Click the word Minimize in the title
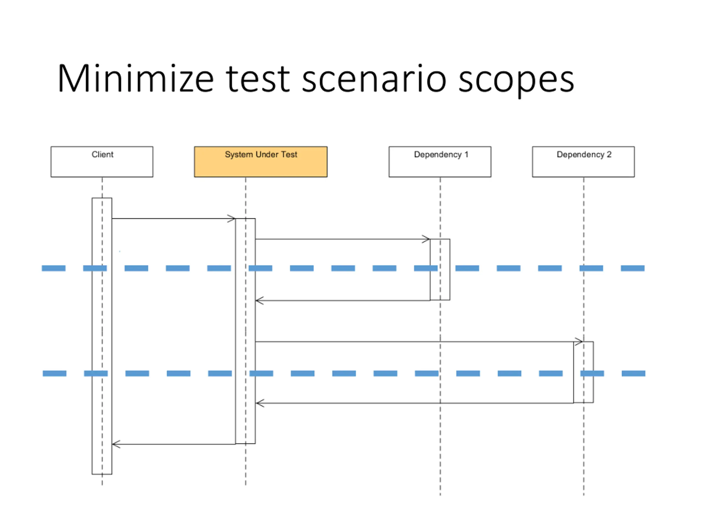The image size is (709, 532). coord(136,79)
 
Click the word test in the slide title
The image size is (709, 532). coord(258,79)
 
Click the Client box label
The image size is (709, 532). coord(102,154)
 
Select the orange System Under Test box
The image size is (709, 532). coord(261,162)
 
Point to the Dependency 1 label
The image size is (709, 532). coord(441,155)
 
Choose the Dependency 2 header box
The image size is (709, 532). coord(583,162)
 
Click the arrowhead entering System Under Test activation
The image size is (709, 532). coord(232,219)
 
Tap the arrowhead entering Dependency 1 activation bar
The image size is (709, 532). coord(426,239)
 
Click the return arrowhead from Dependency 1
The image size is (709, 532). coord(259,300)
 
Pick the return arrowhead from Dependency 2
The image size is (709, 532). coord(260,403)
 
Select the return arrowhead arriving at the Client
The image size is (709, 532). coord(116,444)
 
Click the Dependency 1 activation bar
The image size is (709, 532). coord(440,269)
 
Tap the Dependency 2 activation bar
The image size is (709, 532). coord(583,372)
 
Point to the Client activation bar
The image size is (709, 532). coord(102,336)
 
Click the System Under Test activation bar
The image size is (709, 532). coord(246,331)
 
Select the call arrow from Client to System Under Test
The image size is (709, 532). coord(174,219)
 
